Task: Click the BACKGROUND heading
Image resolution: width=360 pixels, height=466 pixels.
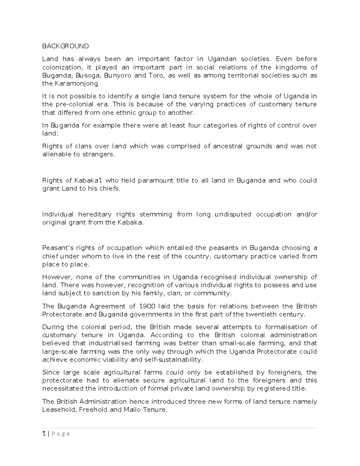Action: (65, 46)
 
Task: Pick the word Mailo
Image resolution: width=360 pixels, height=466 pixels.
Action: (131, 410)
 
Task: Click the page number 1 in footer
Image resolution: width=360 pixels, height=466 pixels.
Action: (44, 434)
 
